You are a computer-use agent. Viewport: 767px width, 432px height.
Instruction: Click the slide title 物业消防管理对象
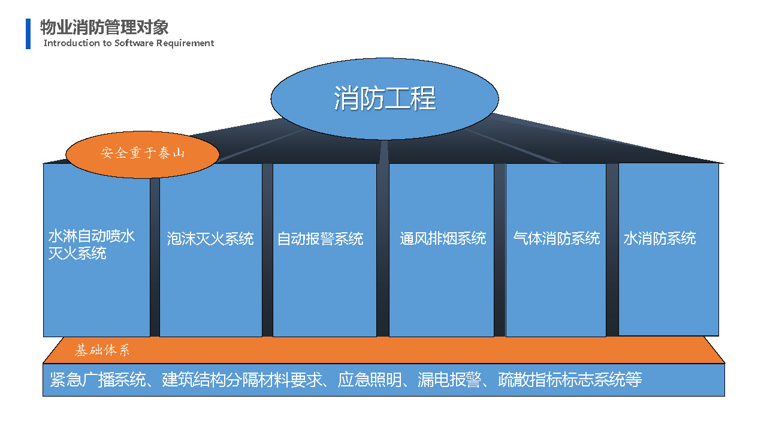(x=104, y=27)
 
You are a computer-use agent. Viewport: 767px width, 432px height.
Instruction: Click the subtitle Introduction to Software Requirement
(x=129, y=43)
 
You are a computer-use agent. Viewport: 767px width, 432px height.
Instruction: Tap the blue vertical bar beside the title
(x=28, y=34)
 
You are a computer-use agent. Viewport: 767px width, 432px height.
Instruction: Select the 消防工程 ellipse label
(x=385, y=98)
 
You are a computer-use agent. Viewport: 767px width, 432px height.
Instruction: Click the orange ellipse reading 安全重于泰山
(x=143, y=154)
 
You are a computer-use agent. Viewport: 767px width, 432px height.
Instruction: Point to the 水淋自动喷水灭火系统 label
(x=92, y=245)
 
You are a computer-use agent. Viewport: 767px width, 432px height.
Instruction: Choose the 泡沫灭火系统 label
(x=210, y=239)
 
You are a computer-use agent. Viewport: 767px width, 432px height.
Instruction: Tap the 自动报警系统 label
(x=320, y=239)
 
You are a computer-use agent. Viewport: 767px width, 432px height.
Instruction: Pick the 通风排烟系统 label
(x=443, y=239)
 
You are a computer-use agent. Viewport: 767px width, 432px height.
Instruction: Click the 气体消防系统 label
(x=557, y=239)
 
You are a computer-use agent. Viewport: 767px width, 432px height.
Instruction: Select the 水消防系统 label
(x=660, y=239)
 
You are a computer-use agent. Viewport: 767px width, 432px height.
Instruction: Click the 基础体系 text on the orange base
(x=102, y=350)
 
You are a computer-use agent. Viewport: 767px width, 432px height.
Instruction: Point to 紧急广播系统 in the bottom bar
(x=98, y=380)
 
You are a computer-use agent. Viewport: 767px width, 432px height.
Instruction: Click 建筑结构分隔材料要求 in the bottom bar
(x=241, y=380)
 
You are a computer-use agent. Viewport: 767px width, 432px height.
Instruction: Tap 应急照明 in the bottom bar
(x=370, y=380)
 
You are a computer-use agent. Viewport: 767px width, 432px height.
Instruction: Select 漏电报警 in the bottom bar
(x=449, y=380)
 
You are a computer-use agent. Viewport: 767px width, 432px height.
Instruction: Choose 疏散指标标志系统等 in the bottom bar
(x=570, y=380)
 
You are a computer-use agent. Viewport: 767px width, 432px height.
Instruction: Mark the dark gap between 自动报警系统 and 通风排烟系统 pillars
(x=383, y=250)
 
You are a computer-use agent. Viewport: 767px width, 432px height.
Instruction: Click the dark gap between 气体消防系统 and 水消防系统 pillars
(x=612, y=250)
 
